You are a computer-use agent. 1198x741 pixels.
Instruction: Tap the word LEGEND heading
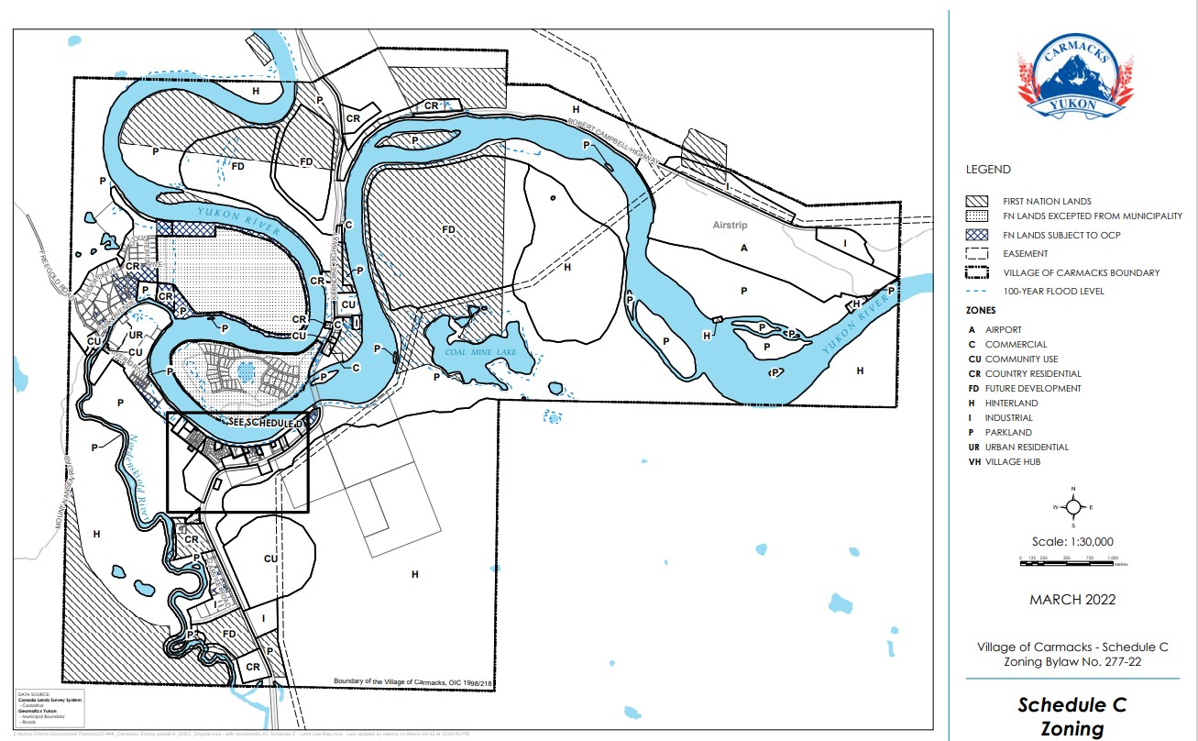[x=988, y=170]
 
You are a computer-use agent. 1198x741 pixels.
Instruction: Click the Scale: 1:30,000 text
[x=1072, y=542]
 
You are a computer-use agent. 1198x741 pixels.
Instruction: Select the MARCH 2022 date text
[x=1072, y=600]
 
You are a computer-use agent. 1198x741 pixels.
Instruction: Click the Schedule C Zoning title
[x=1072, y=717]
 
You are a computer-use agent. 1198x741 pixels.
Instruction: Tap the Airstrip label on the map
[x=731, y=225]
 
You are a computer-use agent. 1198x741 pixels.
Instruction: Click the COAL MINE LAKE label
[x=474, y=349]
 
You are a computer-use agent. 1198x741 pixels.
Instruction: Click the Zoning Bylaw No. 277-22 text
[x=1072, y=662]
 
